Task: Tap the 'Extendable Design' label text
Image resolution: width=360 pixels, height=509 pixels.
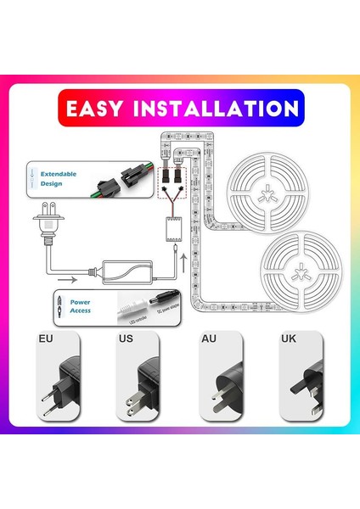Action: [x=59, y=179]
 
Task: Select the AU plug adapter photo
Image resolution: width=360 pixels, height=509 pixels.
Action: [x=218, y=382]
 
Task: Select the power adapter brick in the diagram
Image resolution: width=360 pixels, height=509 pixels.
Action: [x=124, y=271]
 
